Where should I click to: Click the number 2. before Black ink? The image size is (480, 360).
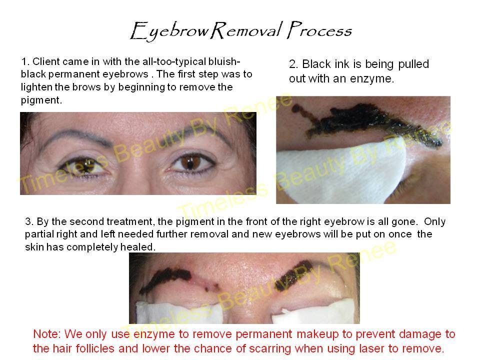pos(294,64)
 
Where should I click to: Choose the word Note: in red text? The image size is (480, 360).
pos(46,334)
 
